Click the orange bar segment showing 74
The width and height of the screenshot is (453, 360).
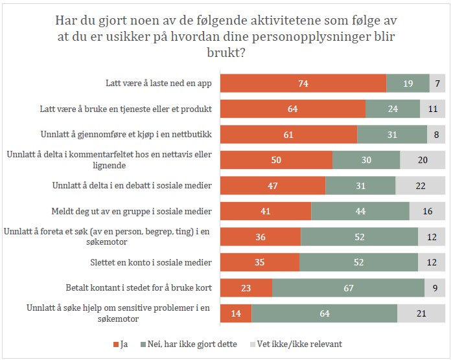[x=303, y=84]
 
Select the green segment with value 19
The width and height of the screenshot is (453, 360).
[x=408, y=84]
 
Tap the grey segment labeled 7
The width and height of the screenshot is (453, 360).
[x=437, y=84]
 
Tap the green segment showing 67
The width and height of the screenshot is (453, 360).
[x=348, y=288]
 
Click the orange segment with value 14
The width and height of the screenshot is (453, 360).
[x=236, y=313]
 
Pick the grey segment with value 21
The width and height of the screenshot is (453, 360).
[x=421, y=313]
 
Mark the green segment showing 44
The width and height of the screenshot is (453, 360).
[x=360, y=211]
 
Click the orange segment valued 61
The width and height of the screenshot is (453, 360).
[x=289, y=135]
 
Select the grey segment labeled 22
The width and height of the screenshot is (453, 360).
[x=421, y=186]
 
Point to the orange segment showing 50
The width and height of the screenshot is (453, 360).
[x=276, y=160]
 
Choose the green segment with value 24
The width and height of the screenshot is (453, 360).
[x=393, y=109]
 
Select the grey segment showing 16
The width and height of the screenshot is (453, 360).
[x=427, y=211]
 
